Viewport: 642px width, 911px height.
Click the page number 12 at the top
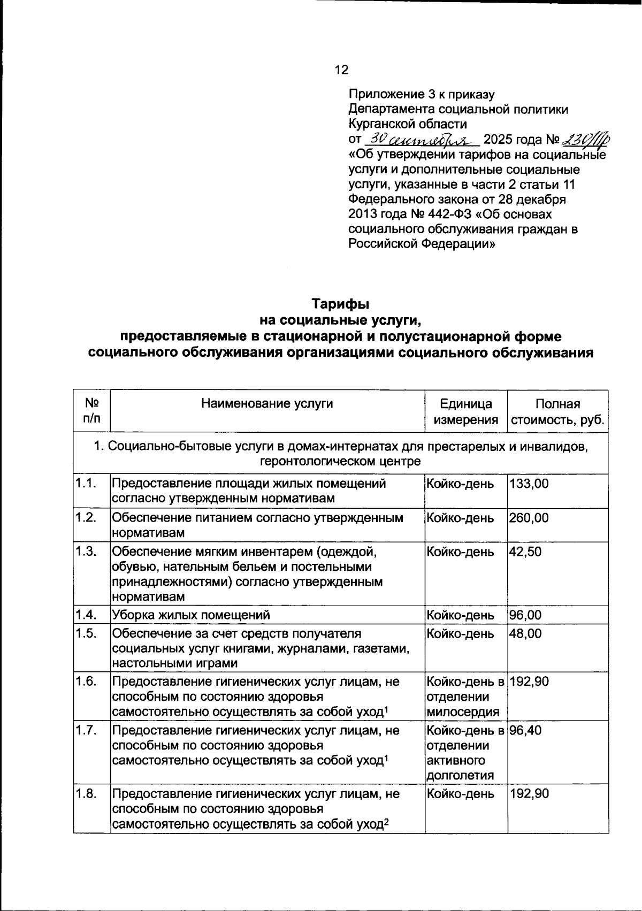[x=341, y=70]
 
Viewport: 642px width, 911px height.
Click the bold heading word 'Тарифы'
[x=341, y=304]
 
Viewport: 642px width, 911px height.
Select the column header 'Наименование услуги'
[x=267, y=404]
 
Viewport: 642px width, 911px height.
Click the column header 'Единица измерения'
[x=466, y=411]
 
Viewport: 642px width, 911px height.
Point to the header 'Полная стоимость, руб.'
[x=558, y=411]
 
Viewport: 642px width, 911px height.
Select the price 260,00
[x=529, y=518]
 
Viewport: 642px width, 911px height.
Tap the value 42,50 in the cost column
[x=525, y=552]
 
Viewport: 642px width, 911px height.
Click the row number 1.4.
[x=86, y=615]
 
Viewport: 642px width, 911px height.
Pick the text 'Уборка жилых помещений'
[x=190, y=615]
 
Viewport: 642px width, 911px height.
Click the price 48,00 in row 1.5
[x=525, y=633]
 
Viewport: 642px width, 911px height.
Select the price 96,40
[x=525, y=730]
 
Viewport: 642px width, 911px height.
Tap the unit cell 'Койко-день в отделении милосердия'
[x=465, y=696]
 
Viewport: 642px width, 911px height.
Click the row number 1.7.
[x=86, y=730]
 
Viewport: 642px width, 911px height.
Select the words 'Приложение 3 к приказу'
[x=421, y=95]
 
